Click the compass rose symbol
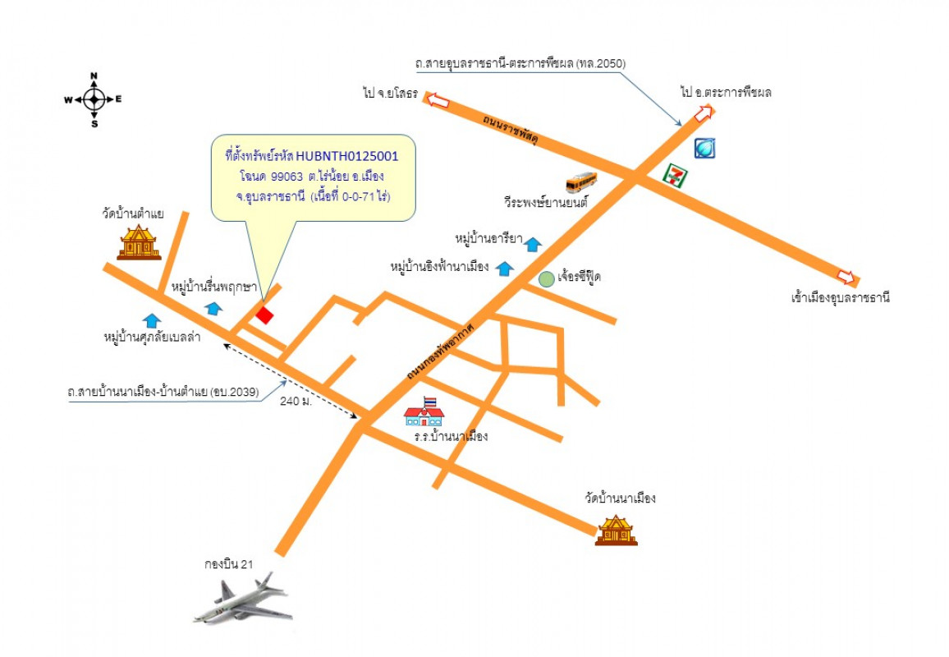point(94,99)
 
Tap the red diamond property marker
point(264,315)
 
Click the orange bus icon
point(582,181)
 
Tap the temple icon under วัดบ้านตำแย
point(139,242)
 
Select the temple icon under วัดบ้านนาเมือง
point(616,530)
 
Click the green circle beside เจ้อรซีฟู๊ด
point(546,278)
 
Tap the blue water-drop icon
point(705,148)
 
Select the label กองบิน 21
point(229,564)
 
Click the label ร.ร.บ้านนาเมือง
point(451,436)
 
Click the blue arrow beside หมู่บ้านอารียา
point(533,243)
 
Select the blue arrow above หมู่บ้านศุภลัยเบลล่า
point(151,319)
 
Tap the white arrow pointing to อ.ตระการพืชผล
point(704,114)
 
